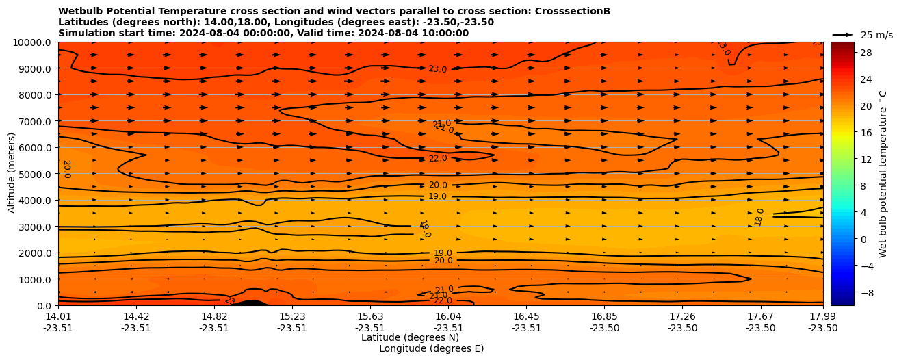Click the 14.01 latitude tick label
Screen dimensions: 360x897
pos(58,316)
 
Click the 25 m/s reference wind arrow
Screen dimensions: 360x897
pos(843,34)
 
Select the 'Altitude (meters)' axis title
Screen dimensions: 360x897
pos(12,174)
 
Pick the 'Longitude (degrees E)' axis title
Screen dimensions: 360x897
pos(431,348)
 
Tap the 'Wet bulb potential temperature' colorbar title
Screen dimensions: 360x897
pos(883,181)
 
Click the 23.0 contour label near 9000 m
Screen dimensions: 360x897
pos(437,69)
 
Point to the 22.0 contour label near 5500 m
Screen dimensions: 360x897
pos(438,158)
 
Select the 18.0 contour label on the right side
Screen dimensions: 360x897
pos(759,217)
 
